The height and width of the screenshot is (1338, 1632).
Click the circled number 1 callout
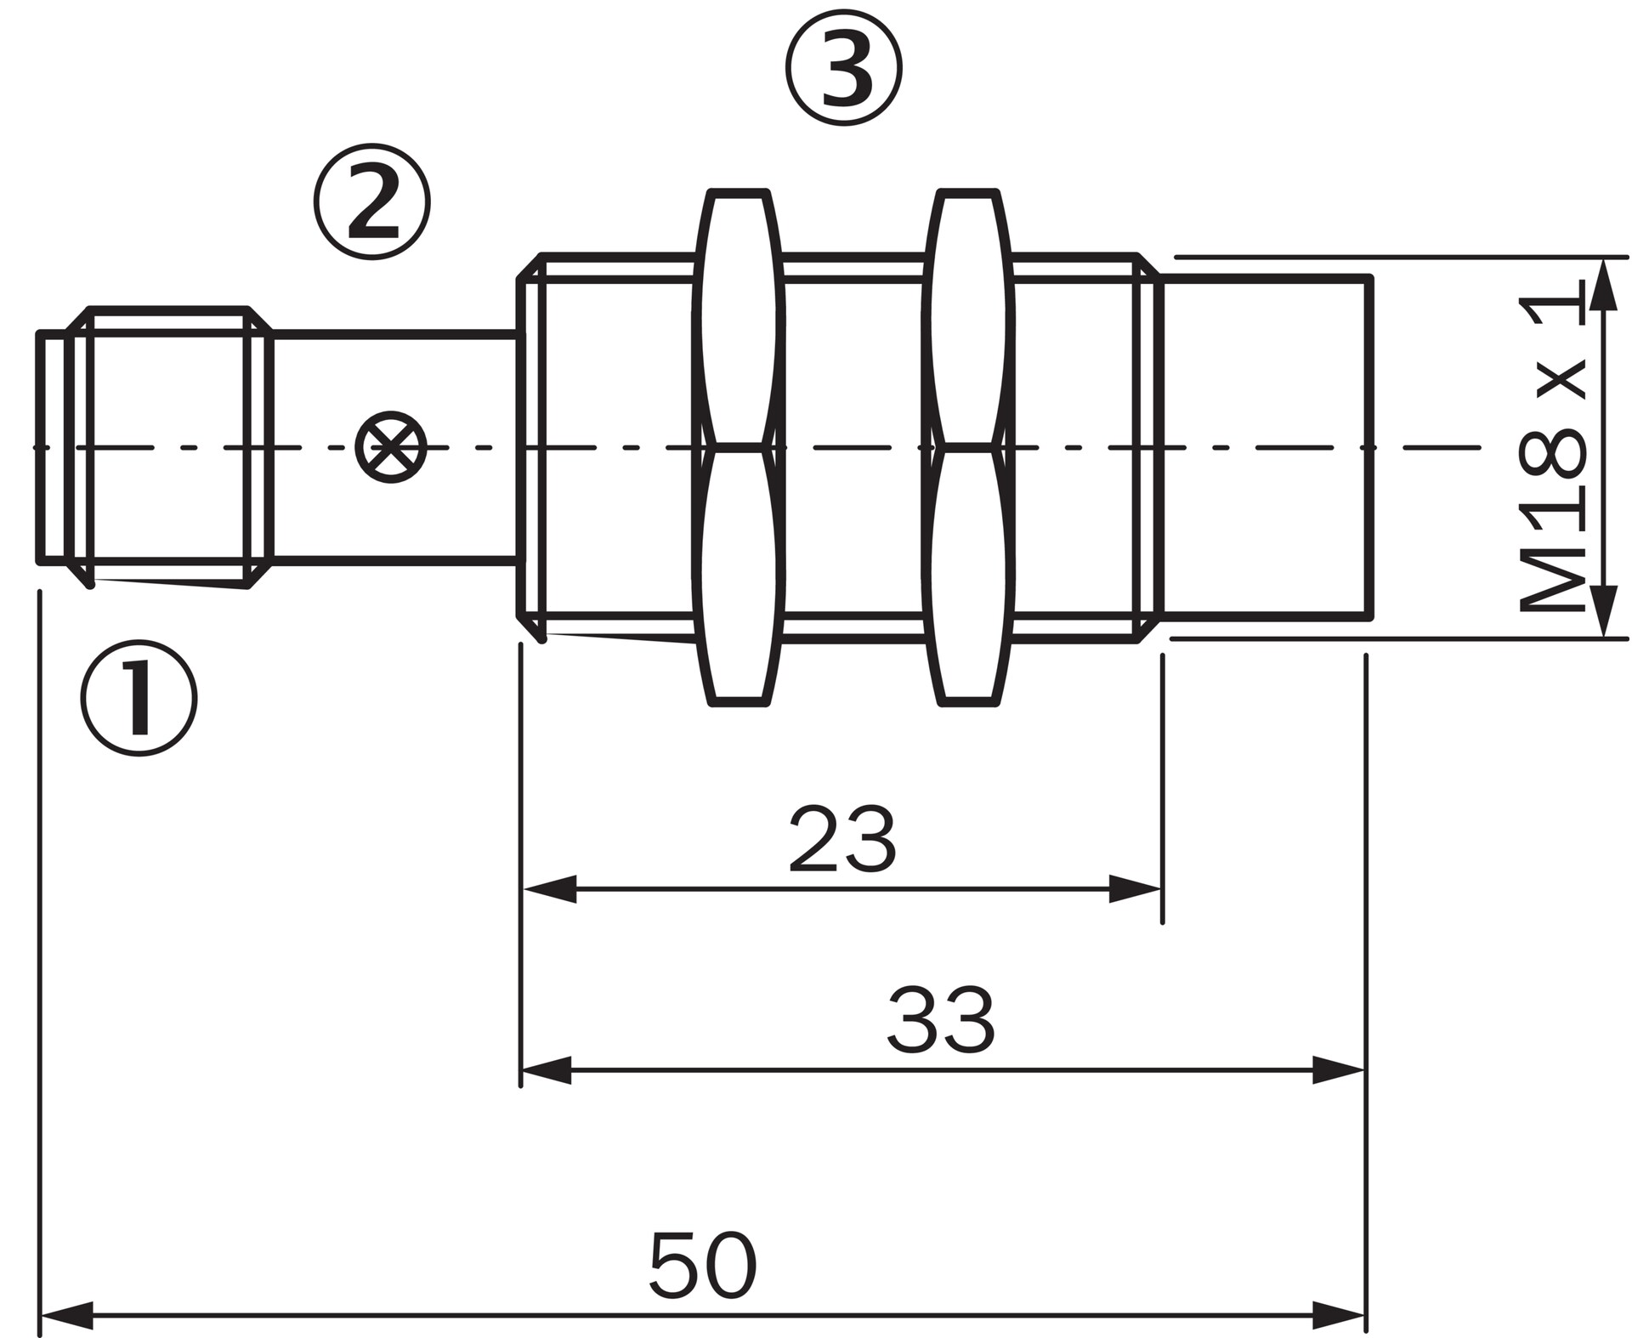(139, 698)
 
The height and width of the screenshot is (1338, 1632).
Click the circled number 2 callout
(372, 201)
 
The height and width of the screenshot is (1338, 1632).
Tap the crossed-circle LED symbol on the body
(391, 447)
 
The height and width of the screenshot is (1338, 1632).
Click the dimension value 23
(842, 840)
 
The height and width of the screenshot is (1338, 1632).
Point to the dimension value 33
(940, 1020)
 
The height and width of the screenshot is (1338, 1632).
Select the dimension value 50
(702, 1265)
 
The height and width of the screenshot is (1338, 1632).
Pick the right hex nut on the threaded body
(969, 447)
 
